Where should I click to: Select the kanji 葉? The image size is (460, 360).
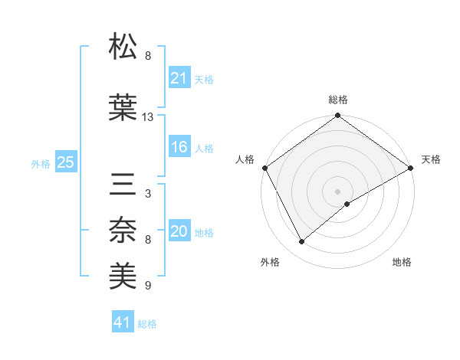pyautogui.click(x=123, y=107)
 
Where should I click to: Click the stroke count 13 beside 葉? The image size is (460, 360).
pyautogui.click(x=148, y=117)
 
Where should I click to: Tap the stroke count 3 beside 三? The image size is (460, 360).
pyautogui.click(x=147, y=194)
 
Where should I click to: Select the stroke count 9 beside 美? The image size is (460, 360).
pyautogui.click(x=147, y=286)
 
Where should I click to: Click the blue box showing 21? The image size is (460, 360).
pyautogui.click(x=179, y=77)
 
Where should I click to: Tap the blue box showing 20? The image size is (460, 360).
pyautogui.click(x=179, y=231)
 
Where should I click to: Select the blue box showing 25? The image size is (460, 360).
pyautogui.click(x=65, y=162)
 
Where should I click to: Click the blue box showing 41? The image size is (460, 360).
pyautogui.click(x=123, y=322)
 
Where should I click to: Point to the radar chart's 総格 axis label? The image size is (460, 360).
pyautogui.click(x=338, y=100)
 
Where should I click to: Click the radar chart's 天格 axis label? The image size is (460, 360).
pyautogui.click(x=431, y=159)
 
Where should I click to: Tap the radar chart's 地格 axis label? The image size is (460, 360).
pyautogui.click(x=402, y=262)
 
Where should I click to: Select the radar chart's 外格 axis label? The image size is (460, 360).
pyautogui.click(x=270, y=262)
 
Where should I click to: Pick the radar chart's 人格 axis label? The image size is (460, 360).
pyautogui.click(x=245, y=159)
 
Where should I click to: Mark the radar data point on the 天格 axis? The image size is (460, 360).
pyautogui.click(x=411, y=167)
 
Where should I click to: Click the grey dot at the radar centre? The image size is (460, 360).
pyautogui.click(x=337, y=190)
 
